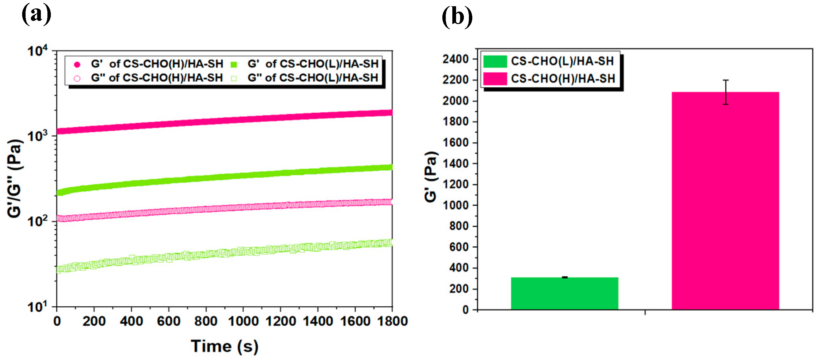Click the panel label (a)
coord(36,14)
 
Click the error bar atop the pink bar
coord(726,92)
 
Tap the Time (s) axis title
coord(224,346)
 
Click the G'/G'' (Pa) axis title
coord(15,179)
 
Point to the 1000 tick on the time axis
coord(243,321)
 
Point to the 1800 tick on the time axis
coord(392,321)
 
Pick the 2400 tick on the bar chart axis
coord(455,59)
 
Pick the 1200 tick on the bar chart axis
coord(455,184)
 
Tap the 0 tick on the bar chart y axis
coord(465,309)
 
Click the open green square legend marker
coord(234,78)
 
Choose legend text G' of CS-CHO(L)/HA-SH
coord(313,64)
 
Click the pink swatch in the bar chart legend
coord(495,79)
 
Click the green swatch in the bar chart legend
coord(495,61)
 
